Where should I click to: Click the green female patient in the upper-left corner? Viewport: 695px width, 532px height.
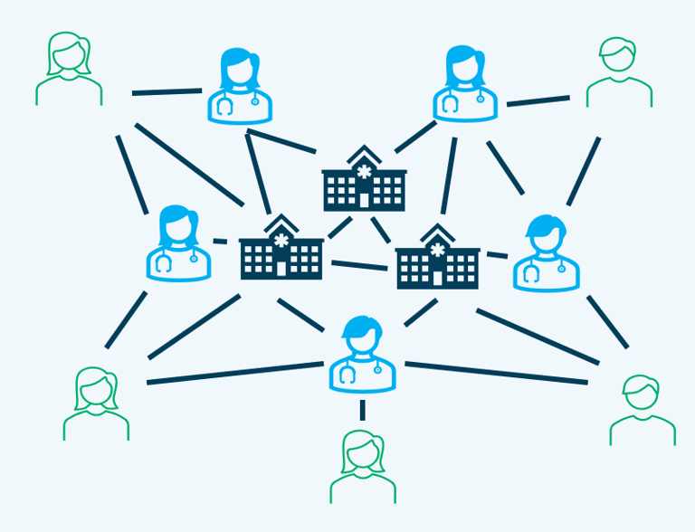[69, 70]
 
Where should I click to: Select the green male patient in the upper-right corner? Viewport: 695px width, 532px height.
[619, 72]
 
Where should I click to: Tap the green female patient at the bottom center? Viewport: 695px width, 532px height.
[362, 467]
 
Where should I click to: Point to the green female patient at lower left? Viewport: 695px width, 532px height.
[96, 404]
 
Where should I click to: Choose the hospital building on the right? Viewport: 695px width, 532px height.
[437, 258]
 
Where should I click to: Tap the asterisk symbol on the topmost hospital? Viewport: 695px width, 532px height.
[364, 170]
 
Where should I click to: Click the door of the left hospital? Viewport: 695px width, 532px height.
[281, 268]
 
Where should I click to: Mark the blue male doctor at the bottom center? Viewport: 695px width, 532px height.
[362, 354]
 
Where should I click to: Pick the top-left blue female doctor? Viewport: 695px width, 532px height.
[240, 87]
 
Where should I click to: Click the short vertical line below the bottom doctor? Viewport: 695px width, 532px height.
[362, 411]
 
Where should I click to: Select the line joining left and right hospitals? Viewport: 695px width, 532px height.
[359, 265]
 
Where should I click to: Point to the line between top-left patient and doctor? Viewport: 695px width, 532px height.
[167, 91]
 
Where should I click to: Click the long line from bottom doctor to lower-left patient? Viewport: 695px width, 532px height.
[234, 373]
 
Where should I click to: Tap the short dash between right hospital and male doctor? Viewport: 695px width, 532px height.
[497, 255]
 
